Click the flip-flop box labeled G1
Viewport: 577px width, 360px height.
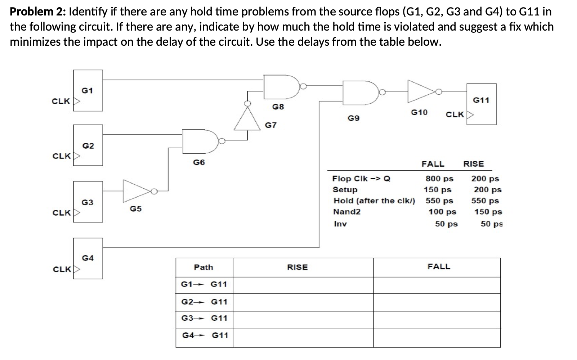coord(88,91)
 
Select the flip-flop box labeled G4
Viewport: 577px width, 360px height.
coord(88,258)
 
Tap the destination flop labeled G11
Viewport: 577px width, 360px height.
coord(481,104)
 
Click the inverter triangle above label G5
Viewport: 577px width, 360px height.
coord(137,191)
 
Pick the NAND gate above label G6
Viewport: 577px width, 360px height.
coord(199,140)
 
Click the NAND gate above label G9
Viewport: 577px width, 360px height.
coord(360,92)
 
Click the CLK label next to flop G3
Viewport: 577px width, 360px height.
coord(62,213)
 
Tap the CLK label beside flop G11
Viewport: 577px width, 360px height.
coord(455,114)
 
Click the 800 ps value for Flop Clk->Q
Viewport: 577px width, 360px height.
coord(439,179)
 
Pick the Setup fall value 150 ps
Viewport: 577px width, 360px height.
coord(437,190)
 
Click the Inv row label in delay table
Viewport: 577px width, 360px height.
coord(340,224)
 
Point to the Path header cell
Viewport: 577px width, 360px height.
coord(203,267)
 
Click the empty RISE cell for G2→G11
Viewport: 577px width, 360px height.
coord(303,302)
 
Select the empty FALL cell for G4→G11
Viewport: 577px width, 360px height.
coord(437,337)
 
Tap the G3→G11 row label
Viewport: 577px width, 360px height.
coord(204,318)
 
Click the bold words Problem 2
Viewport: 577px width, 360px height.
coord(37,12)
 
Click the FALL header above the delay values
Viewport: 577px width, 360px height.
coord(433,164)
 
